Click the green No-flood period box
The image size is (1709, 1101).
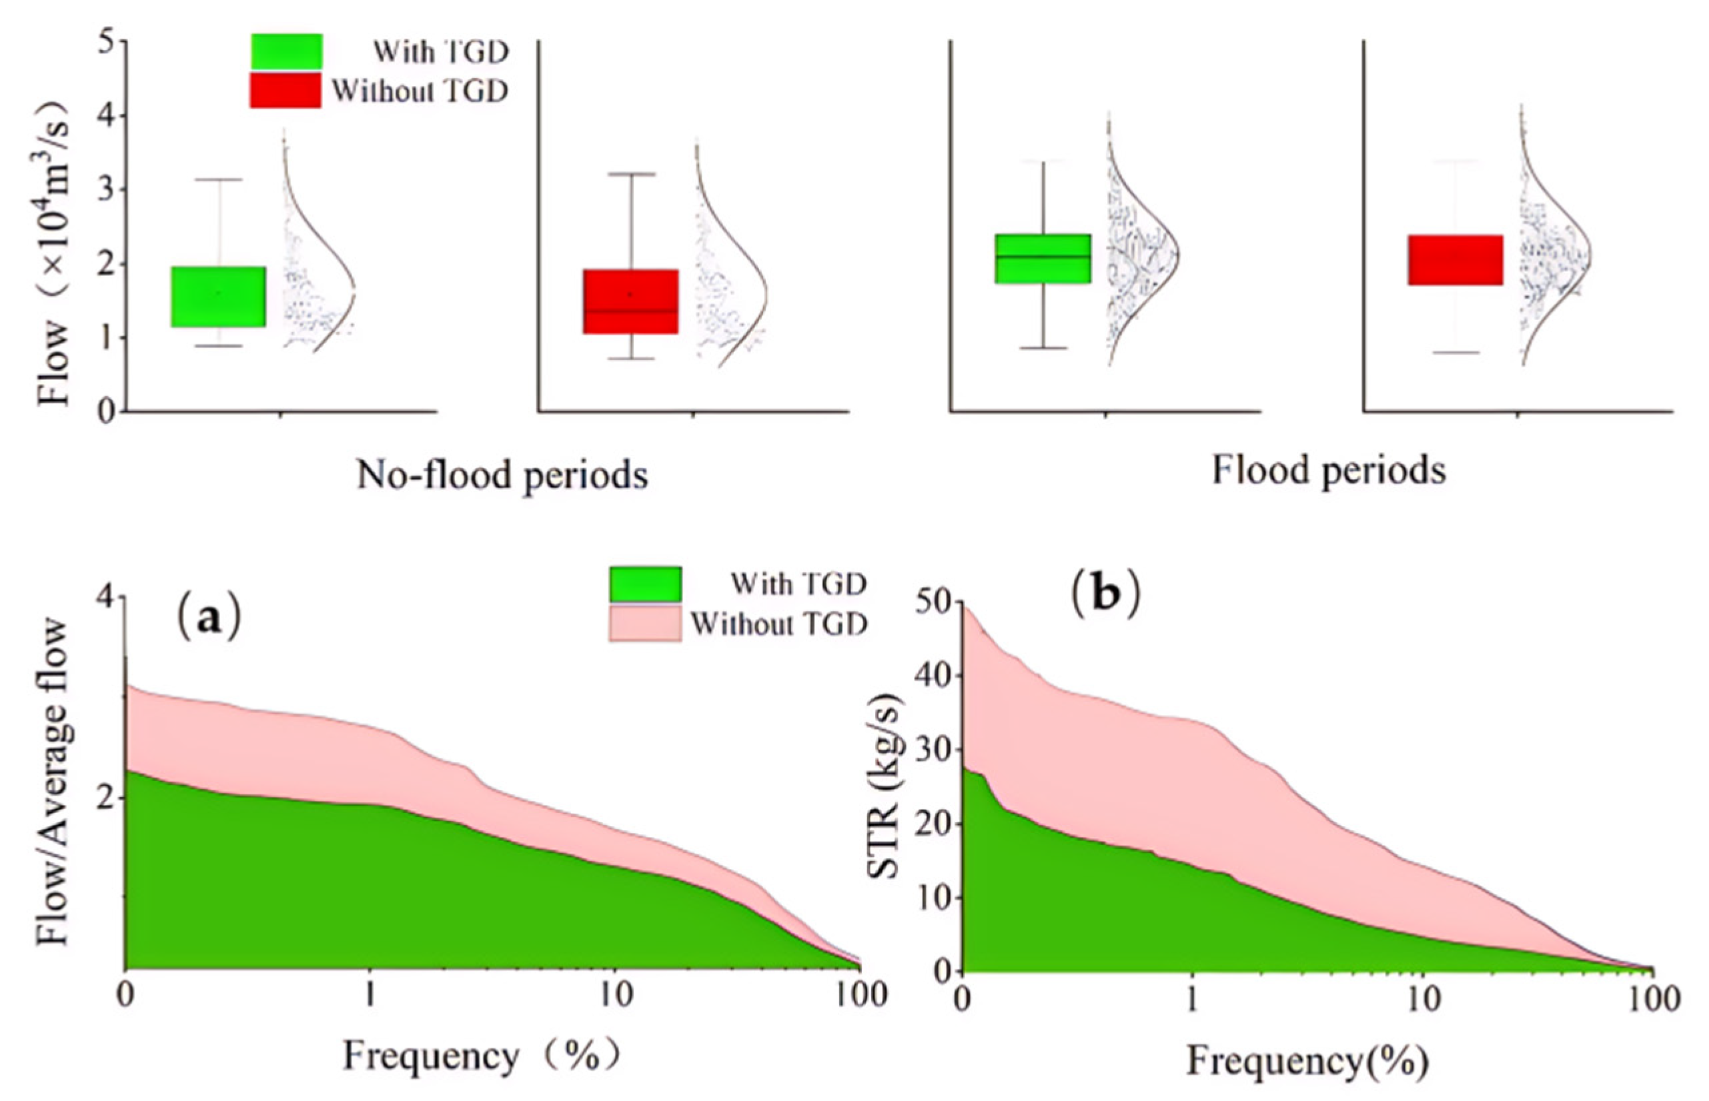point(218,297)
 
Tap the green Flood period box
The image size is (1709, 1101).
point(1043,258)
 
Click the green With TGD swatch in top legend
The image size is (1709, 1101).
point(286,51)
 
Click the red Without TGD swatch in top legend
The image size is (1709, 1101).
point(286,91)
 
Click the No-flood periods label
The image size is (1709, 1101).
point(502,475)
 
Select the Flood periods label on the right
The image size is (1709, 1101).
point(1329,470)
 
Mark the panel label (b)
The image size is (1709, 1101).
point(1105,595)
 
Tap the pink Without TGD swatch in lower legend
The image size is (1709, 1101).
point(645,624)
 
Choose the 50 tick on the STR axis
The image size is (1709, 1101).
point(934,603)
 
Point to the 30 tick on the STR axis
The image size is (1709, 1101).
point(934,750)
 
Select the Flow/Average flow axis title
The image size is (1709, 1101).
point(53,783)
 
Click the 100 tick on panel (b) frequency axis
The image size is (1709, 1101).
point(1652,998)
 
